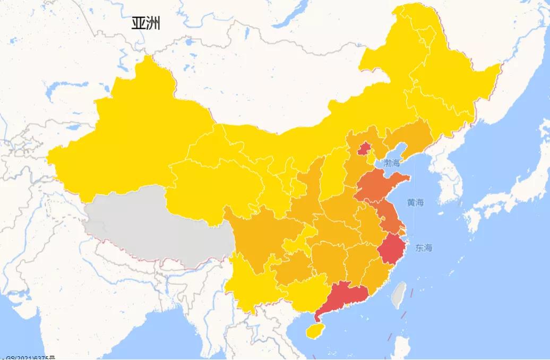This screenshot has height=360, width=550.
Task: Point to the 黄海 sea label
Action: (x=416, y=202)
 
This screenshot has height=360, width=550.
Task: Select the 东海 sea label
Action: (x=424, y=247)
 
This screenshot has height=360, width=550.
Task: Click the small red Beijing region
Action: (x=364, y=149)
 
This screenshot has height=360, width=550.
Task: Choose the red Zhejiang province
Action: (x=392, y=248)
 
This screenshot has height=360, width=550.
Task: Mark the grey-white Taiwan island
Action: (x=399, y=295)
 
